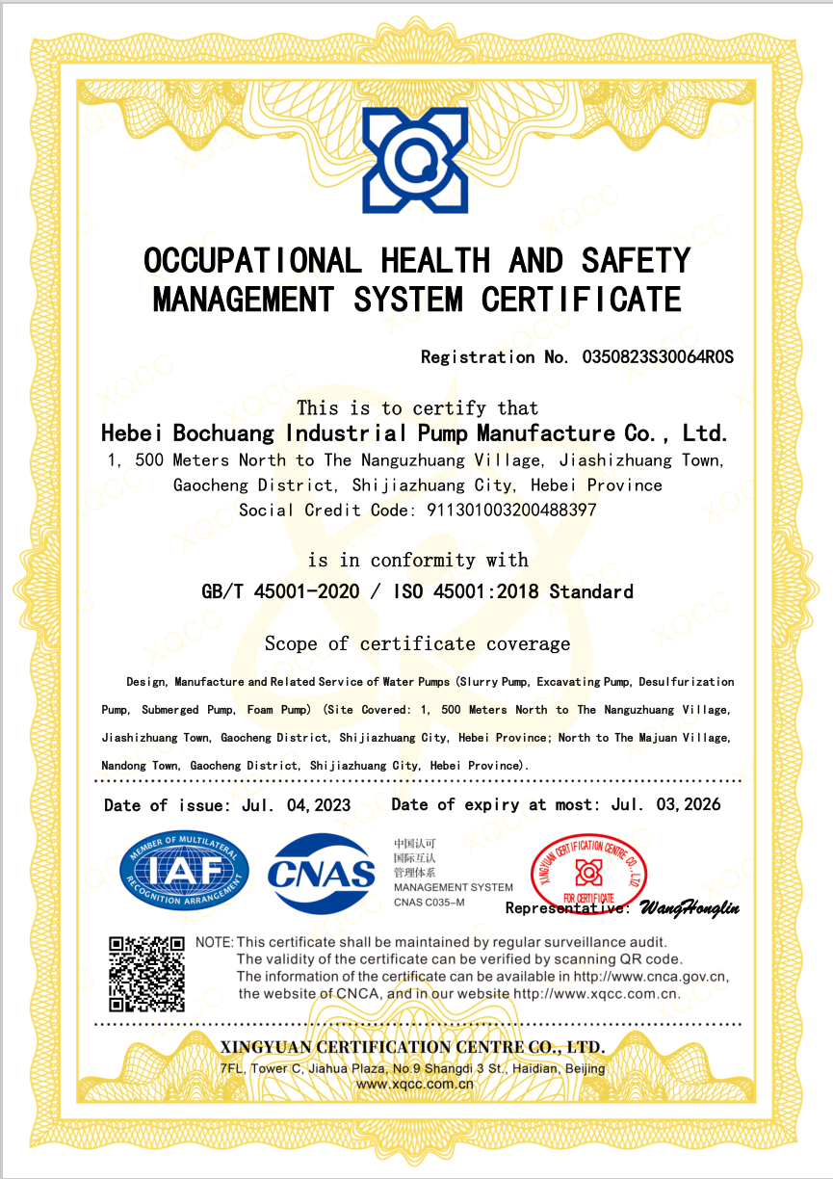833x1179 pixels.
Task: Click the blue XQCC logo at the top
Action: coord(415,159)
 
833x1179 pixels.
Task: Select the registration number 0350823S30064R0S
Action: coord(658,357)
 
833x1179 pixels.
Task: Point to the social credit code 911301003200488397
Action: coord(510,510)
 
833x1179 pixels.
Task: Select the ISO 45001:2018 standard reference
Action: coord(468,591)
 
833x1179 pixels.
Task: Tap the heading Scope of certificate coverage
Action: coord(417,643)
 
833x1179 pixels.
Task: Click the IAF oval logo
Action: coord(184,874)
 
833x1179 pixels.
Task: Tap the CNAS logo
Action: coord(322,874)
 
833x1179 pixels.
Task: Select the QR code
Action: coord(146,972)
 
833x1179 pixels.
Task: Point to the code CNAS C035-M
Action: coord(429,903)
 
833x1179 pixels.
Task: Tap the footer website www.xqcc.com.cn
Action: coord(415,1084)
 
